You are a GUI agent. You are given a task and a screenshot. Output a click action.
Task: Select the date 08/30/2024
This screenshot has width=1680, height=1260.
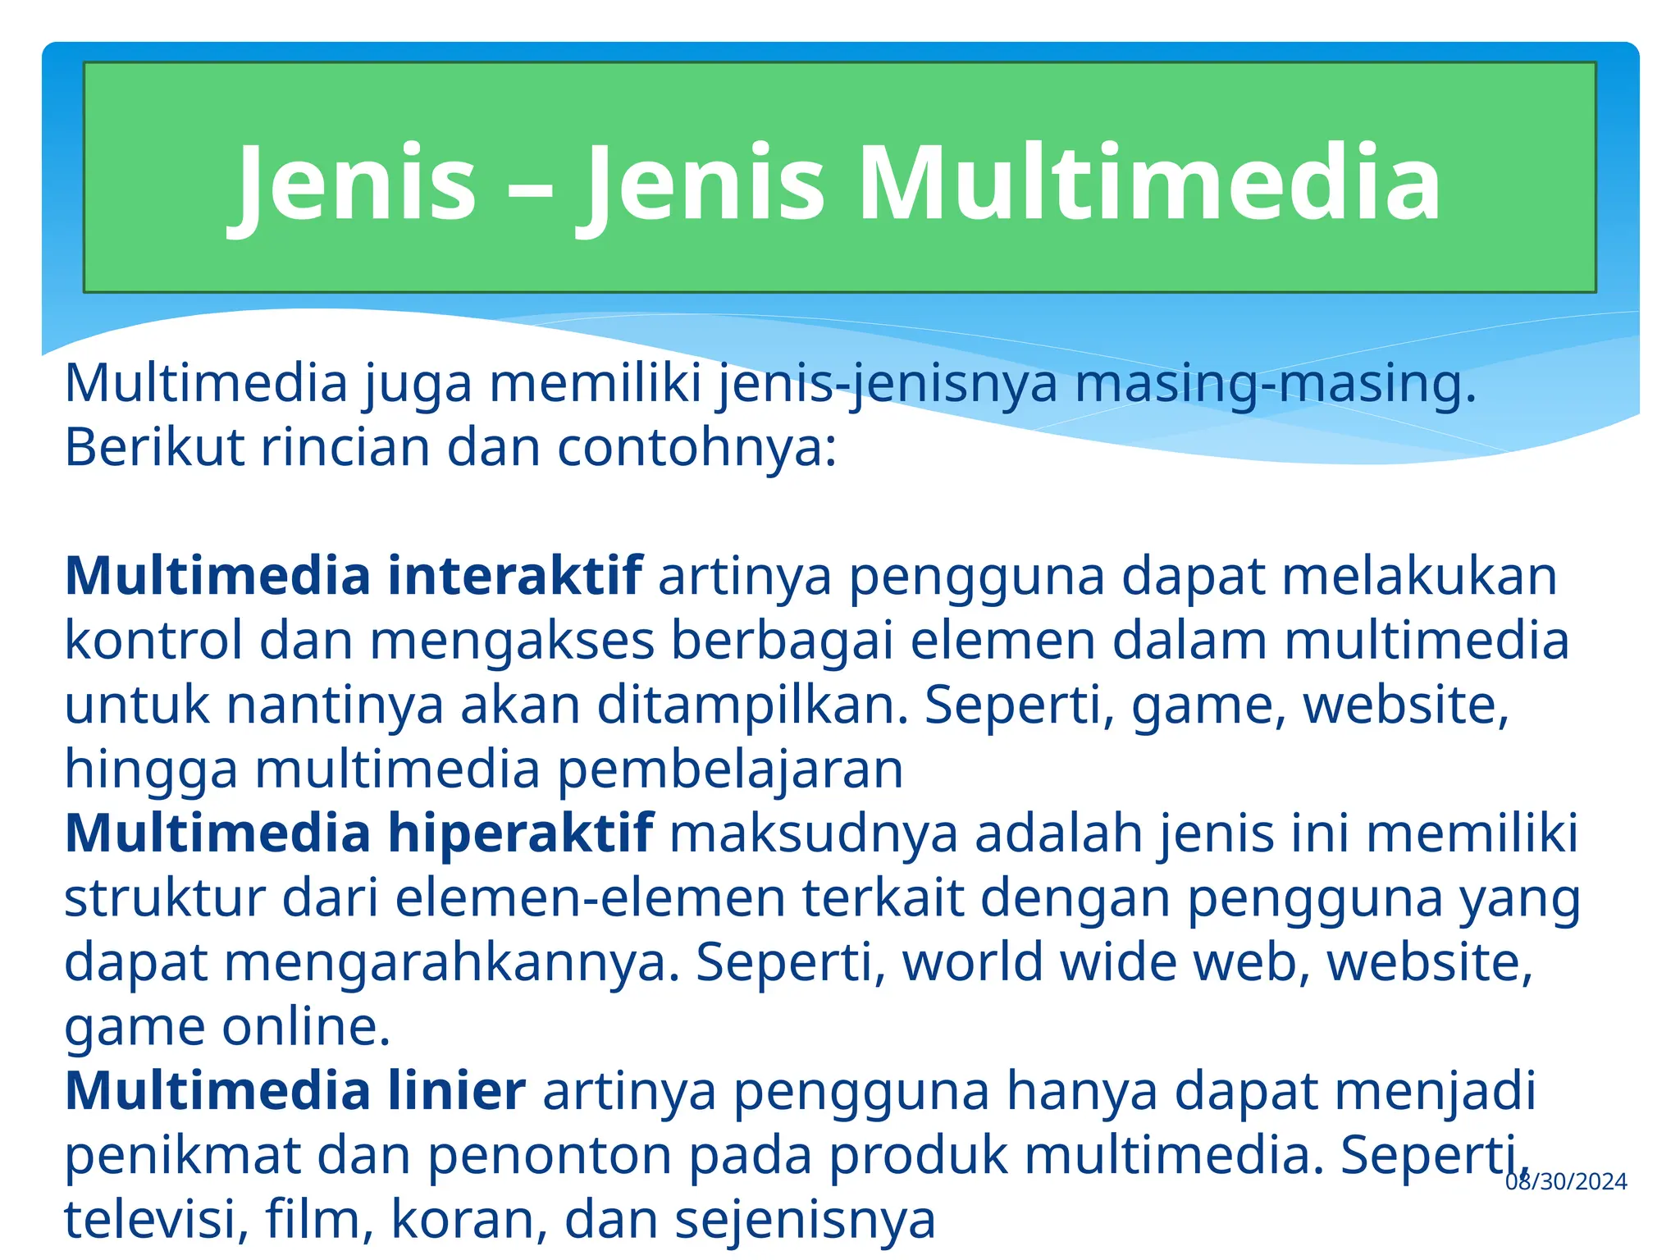[x=1566, y=1181]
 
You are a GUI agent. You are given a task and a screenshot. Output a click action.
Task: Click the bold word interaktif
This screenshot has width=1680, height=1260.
[x=515, y=576]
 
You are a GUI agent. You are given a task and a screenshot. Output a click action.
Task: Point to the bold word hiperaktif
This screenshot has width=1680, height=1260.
[x=521, y=833]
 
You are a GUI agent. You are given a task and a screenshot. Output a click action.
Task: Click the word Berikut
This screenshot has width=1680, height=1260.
[x=154, y=448]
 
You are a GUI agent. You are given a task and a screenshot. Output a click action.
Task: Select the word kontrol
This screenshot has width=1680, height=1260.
[x=154, y=641]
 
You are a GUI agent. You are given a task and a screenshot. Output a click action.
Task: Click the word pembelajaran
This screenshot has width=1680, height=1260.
[x=730, y=769]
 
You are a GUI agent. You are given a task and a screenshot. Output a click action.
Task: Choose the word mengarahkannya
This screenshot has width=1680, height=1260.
[x=452, y=962]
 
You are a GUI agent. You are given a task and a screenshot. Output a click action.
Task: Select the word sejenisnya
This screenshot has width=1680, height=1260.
[x=805, y=1220]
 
